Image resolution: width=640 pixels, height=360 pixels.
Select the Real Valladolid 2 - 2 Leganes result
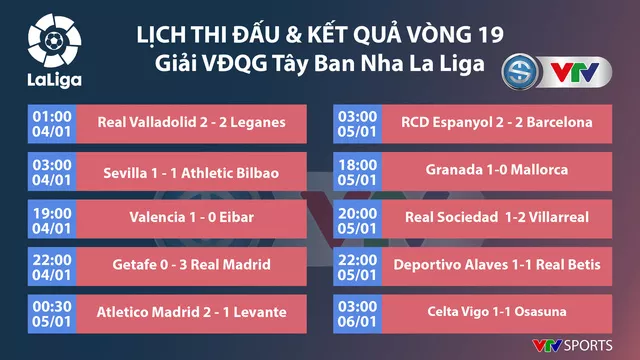[x=192, y=123]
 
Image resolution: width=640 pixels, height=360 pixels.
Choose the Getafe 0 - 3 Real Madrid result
[x=192, y=264]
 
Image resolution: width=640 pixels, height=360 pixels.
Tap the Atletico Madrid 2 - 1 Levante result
[x=192, y=311]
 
